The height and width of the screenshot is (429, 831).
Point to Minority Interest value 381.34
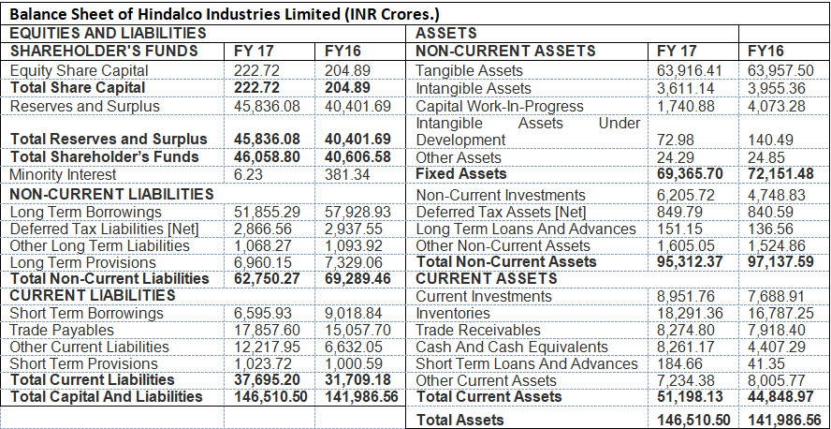[x=345, y=174]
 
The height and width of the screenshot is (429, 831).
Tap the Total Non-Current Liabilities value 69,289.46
[x=357, y=279]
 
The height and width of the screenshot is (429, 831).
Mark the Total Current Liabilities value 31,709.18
[x=357, y=380]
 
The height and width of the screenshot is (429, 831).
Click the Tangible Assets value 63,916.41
[x=690, y=71]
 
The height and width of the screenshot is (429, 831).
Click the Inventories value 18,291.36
[x=690, y=313]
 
